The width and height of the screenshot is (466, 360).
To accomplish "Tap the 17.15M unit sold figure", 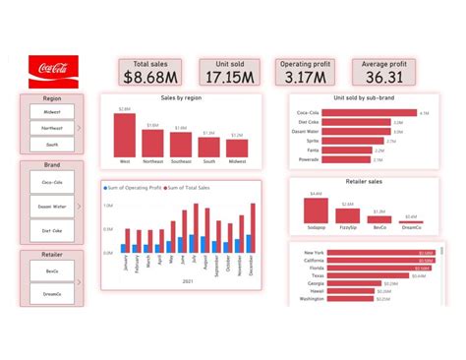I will point(226,76).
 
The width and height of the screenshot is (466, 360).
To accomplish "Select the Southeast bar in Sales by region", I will point(181,146).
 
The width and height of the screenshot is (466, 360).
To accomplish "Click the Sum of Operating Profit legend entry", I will point(137,187).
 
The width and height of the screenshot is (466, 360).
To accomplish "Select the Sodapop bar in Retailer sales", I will point(316,212).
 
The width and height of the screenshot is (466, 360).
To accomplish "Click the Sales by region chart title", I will point(182,98).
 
